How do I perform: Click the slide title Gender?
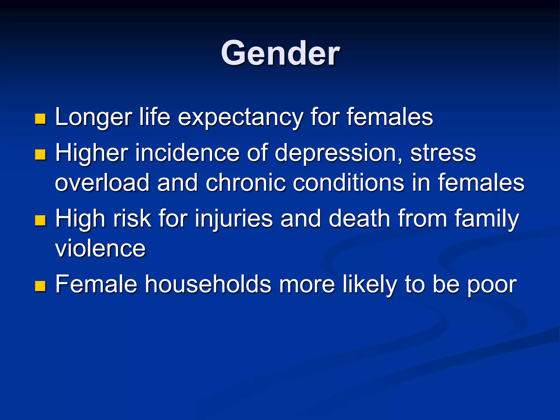(280, 53)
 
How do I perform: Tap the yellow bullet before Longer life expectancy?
(40, 119)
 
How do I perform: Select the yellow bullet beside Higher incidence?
(40, 154)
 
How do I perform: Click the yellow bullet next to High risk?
(40, 220)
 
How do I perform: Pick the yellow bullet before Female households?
(40, 286)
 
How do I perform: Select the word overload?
(102, 183)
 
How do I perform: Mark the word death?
(359, 219)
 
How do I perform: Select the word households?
(208, 284)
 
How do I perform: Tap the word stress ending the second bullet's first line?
(443, 154)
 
